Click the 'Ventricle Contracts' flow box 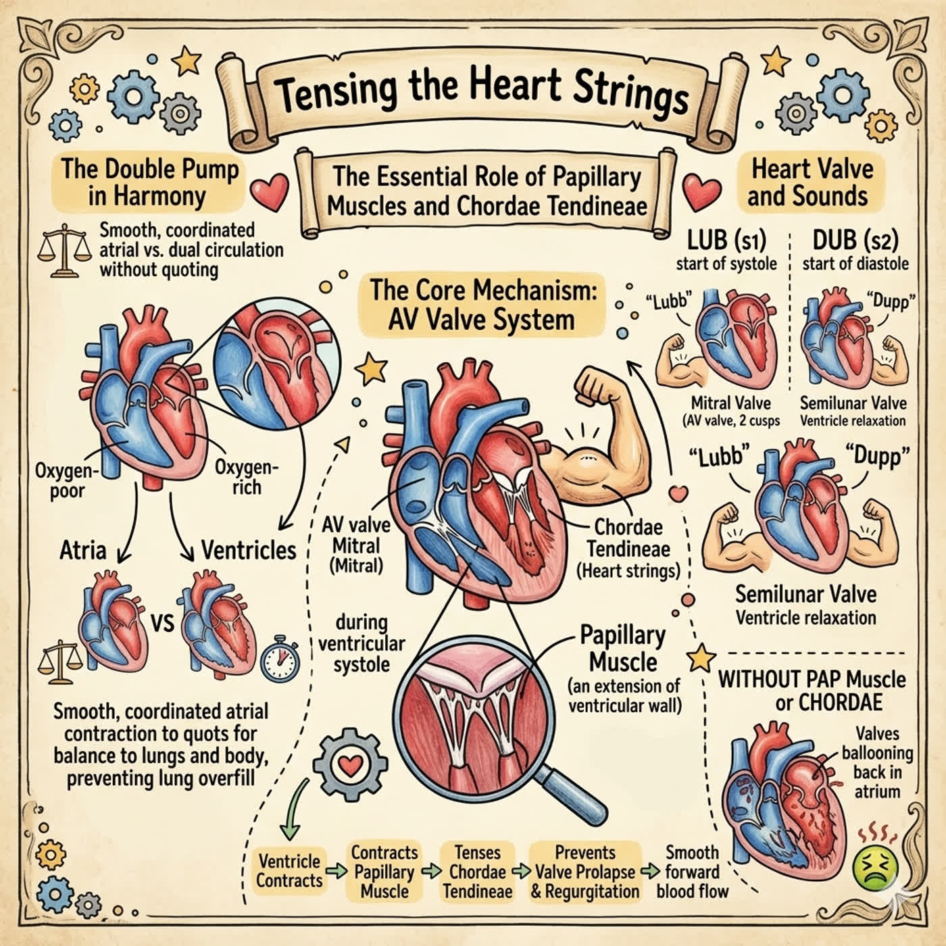[289, 871]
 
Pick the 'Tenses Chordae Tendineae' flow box [478, 872]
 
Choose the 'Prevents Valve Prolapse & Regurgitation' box [585, 872]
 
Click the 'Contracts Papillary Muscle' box [384, 872]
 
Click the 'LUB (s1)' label [726, 241]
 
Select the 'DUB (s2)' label [855, 241]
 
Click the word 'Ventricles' [249, 550]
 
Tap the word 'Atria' [83, 550]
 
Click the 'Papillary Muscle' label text [623, 649]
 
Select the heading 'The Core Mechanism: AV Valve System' [481, 304]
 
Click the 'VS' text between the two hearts [162, 624]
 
